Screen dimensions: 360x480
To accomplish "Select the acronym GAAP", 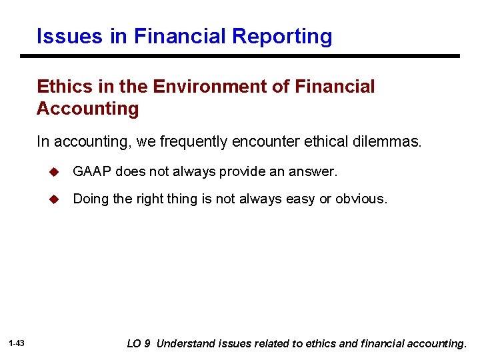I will (x=91, y=172).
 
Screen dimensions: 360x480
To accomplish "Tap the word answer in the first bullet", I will (x=316, y=172).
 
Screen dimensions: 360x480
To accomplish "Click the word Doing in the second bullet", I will (x=89, y=199).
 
